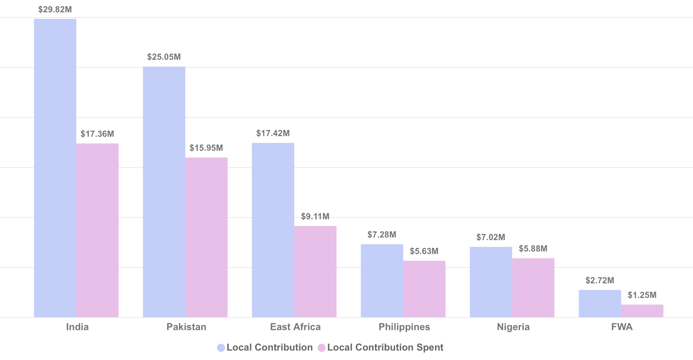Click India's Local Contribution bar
coord(55,168)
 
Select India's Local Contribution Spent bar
coord(97,230)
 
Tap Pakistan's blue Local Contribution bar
coord(164,192)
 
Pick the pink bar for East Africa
coord(315,271)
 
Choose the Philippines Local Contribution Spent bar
coord(424,289)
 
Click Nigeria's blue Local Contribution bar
coord(491,282)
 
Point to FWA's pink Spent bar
coord(642,311)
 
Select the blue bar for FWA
coord(600,303)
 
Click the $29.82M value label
coord(55,9)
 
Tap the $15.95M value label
coord(206,148)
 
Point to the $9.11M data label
coord(315,216)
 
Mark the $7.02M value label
coord(491,237)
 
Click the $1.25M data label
coord(642,295)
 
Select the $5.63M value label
coord(424,251)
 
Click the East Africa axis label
coord(295,327)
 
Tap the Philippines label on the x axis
coord(404,327)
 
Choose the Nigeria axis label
coord(513,327)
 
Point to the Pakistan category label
coord(186,327)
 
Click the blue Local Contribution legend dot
coord(221,348)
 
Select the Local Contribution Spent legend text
coord(385,347)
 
